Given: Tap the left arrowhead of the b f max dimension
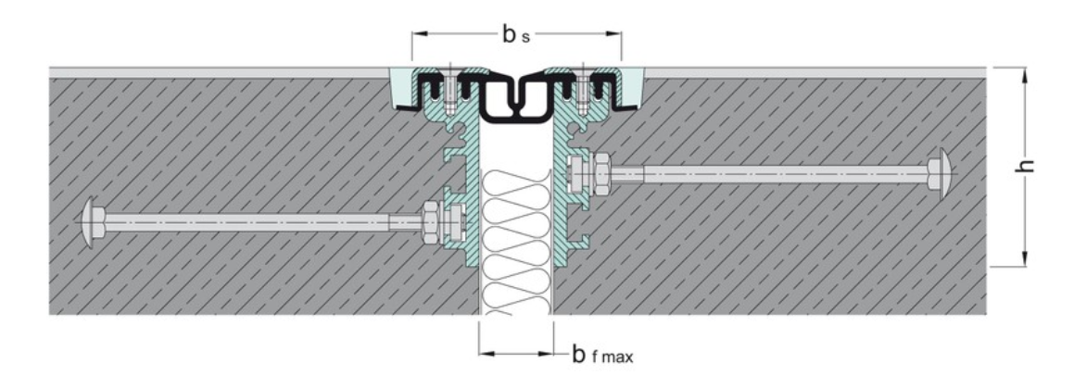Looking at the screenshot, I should [485, 353].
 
